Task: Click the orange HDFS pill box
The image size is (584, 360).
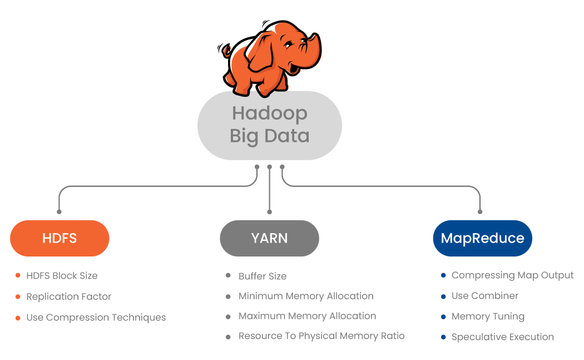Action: point(60,238)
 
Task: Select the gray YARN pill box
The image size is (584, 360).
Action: point(269,238)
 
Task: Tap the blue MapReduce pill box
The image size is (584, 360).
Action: point(482,238)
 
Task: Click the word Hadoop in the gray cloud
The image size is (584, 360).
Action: point(269,113)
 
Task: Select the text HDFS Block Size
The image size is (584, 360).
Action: point(62,275)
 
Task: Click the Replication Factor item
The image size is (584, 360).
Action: point(69,297)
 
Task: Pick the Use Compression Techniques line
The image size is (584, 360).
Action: point(96,318)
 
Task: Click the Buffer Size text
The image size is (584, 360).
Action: point(263,276)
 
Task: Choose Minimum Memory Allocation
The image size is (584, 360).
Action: point(306,296)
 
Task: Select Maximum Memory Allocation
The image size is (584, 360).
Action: point(307,316)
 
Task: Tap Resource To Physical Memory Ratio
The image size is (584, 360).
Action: point(321,336)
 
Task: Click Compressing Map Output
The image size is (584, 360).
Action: point(512,275)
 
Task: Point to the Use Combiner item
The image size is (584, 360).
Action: point(485,296)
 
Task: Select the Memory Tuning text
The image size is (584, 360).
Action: point(488,317)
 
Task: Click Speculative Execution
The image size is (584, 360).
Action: point(503,337)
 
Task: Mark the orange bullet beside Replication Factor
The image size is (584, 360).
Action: point(18,297)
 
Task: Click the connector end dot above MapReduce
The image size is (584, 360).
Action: point(480,211)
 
